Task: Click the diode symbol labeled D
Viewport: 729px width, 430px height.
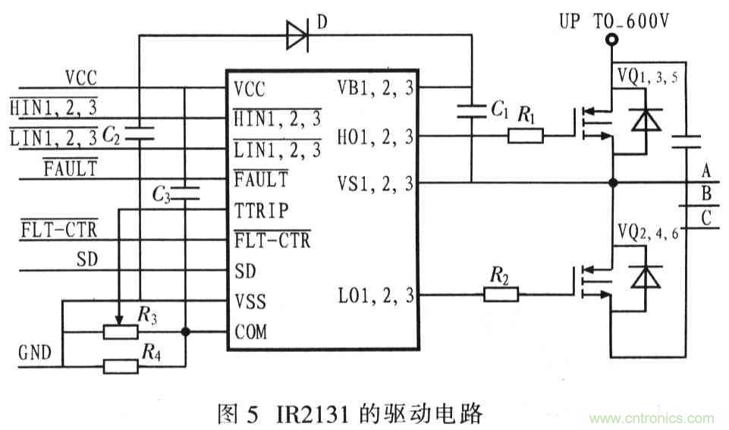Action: [x=297, y=36]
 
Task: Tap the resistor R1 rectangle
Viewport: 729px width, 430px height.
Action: [x=525, y=136]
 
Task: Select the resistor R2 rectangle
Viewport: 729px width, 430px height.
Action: [x=500, y=295]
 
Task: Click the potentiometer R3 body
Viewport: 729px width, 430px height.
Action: [x=121, y=331]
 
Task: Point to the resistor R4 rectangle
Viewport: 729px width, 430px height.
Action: [x=121, y=366]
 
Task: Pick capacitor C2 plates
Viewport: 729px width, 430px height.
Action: [x=139, y=135]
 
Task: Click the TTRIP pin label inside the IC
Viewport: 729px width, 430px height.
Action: [x=261, y=209]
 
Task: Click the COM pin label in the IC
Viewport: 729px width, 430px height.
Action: [x=250, y=332]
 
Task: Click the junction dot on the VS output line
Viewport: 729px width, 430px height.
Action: [x=612, y=183]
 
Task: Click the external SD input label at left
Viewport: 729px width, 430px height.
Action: [x=88, y=259]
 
